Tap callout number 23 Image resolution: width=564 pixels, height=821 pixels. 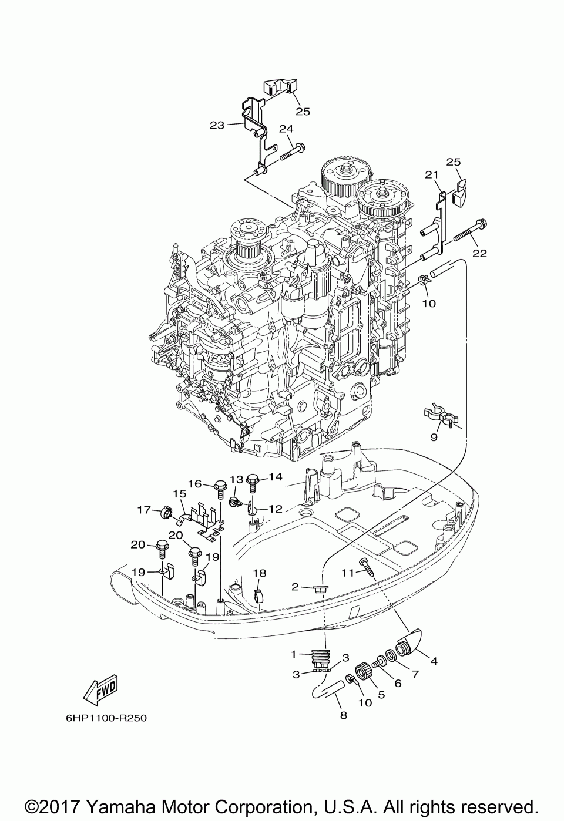tap(217, 125)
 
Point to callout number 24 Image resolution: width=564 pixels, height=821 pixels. tap(286, 129)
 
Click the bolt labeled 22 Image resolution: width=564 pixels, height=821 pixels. tap(471, 230)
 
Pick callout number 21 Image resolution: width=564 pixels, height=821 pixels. tap(432, 175)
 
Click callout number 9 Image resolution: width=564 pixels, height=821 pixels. tap(434, 438)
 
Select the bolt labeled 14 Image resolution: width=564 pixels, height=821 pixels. tap(253, 483)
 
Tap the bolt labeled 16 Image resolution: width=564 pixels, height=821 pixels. tap(221, 489)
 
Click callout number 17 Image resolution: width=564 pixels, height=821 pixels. tap(145, 510)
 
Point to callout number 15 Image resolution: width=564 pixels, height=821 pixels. tap(180, 494)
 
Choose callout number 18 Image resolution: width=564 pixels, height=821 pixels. tap(259, 573)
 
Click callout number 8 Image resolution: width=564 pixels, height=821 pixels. tap(344, 715)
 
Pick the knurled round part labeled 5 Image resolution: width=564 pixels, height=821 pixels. tap(364, 672)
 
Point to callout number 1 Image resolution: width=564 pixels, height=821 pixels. tap(293, 654)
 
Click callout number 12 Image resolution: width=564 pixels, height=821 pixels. tap(276, 509)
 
